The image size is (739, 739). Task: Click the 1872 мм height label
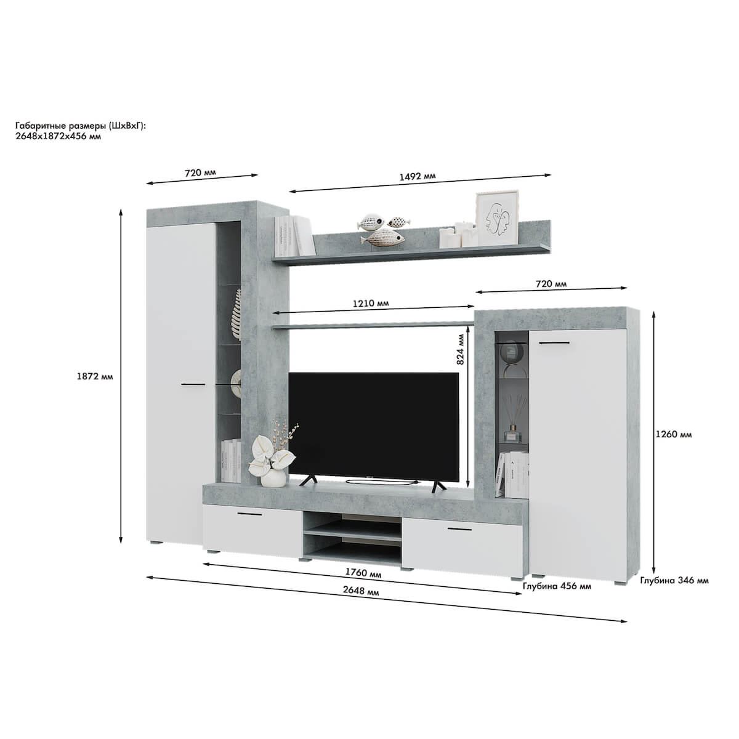tap(95, 376)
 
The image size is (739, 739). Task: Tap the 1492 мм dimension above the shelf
tap(418, 176)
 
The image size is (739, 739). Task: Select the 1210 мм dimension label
tap(371, 304)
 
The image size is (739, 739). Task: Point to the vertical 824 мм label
tap(461, 349)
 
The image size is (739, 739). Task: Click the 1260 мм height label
tap(674, 435)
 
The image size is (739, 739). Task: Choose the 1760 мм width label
tap(363, 573)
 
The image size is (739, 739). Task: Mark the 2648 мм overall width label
tap(360, 591)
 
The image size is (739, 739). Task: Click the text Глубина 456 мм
tap(557, 586)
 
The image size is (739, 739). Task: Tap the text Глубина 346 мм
tap(674, 581)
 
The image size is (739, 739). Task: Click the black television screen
tap(374, 426)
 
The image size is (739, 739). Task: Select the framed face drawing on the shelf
tap(497, 217)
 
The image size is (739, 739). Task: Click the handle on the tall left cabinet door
tap(193, 384)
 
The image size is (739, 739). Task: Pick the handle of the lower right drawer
tap(460, 529)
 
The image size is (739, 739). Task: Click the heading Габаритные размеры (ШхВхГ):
tap(81, 126)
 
